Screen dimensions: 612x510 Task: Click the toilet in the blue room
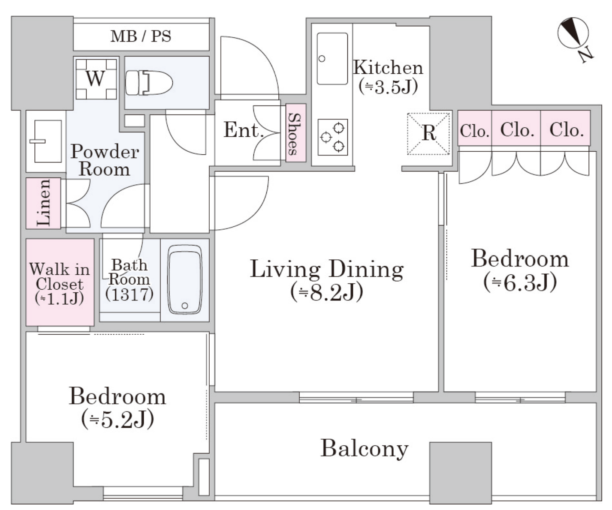click(149, 83)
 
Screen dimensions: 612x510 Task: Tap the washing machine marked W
click(96, 79)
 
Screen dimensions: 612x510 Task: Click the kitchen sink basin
click(332, 59)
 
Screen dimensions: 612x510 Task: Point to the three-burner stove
click(333, 137)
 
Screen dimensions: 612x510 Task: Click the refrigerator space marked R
click(428, 134)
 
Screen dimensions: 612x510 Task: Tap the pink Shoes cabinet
click(296, 133)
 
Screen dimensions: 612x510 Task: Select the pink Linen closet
click(43, 203)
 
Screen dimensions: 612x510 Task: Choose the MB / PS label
click(141, 36)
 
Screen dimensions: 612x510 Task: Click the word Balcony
click(365, 448)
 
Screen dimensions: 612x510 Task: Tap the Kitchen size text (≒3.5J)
click(388, 87)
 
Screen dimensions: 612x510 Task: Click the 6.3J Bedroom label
click(520, 270)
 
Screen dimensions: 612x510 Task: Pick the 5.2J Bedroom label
click(118, 408)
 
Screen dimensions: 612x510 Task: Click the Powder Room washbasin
click(45, 141)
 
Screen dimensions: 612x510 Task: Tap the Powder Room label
click(105, 160)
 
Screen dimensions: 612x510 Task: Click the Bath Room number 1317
click(129, 294)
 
